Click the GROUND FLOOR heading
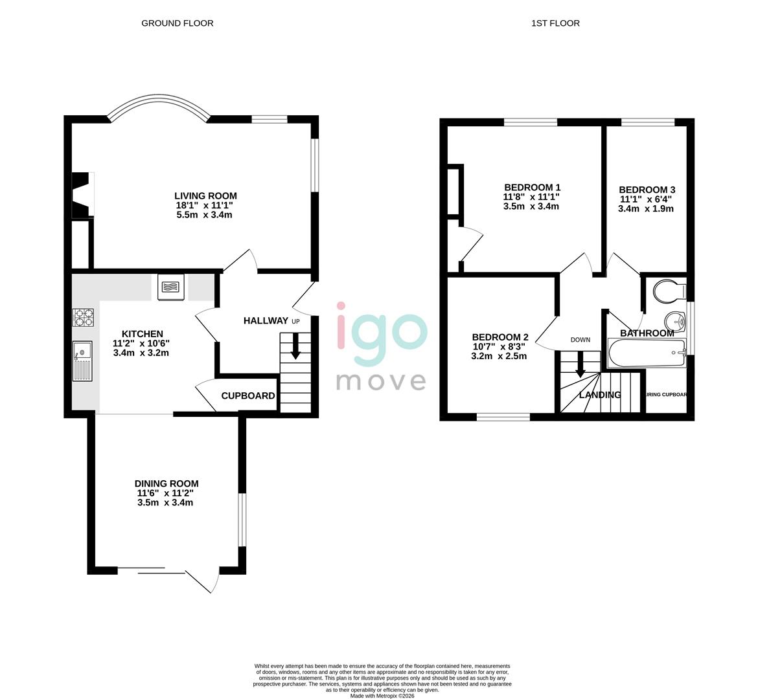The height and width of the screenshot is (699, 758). pos(177,23)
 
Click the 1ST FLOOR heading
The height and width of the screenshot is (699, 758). pos(555,23)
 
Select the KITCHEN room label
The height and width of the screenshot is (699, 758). pos(142,334)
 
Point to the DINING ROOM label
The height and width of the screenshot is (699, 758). pos(166,483)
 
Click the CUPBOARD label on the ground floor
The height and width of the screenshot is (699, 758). pos(247,395)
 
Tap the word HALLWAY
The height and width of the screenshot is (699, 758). pos(265,320)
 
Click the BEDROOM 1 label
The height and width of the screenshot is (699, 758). pos(531,188)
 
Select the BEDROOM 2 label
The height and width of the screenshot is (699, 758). pos(500,337)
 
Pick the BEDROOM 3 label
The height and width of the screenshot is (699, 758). pos(647,190)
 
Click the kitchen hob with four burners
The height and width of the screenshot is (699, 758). pos(83,318)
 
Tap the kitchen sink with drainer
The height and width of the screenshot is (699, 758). pos(83,361)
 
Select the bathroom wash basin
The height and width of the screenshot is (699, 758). pos(675,320)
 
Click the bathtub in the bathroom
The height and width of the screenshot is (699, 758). pos(646,353)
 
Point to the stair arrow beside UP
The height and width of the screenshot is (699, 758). pos(295,346)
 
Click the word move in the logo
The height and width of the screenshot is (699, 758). pos(380,381)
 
